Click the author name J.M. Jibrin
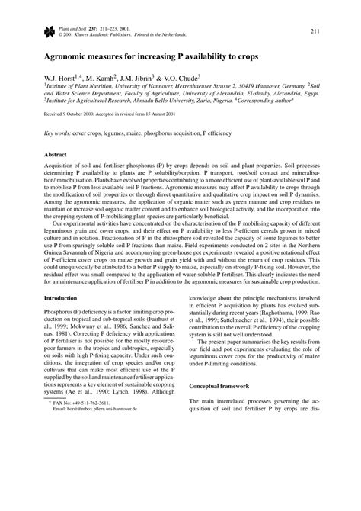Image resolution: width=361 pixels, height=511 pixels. pos(147,78)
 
